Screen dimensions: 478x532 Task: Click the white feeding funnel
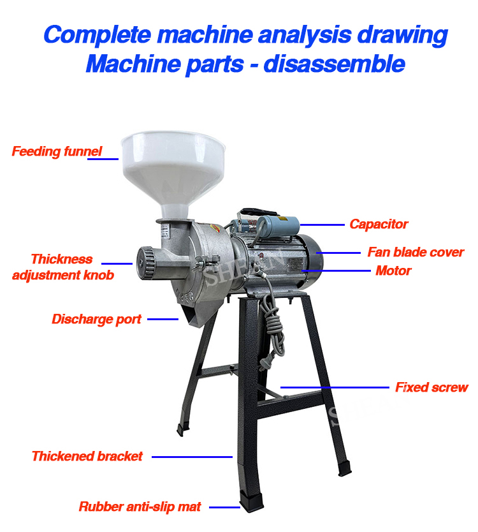tap(173, 170)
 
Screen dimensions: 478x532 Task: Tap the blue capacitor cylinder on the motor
tap(278, 226)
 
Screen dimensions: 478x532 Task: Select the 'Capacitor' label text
tap(379, 225)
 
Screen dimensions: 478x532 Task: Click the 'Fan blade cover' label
tap(416, 252)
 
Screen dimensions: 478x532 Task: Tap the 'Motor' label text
tap(393, 270)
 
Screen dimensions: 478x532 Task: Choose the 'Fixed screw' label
tap(431, 387)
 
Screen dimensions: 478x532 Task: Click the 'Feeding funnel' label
tap(57, 151)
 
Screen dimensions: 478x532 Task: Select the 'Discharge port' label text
tap(97, 320)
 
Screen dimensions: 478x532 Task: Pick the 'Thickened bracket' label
tap(87, 456)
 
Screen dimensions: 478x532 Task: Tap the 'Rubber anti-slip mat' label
tap(140, 506)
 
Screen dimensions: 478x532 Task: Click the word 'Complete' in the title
tap(98, 35)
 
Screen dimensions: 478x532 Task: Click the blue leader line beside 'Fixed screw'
tap(335, 387)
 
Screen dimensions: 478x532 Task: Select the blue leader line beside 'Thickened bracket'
tap(192, 457)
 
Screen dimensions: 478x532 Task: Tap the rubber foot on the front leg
tap(251, 501)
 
